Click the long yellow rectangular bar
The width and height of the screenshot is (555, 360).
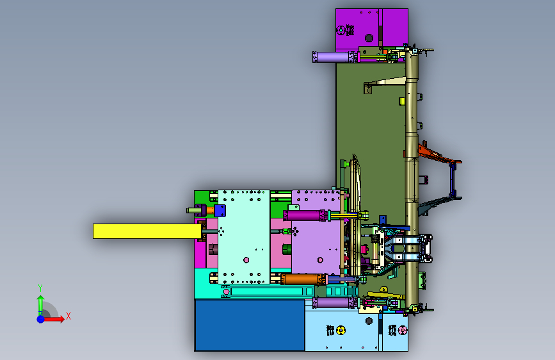tap(147, 231)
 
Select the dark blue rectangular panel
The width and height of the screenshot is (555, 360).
tap(250, 325)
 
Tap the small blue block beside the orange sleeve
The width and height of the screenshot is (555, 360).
tap(220, 211)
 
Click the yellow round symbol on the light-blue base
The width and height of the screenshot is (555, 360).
tap(341, 331)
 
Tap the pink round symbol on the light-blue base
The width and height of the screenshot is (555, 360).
tap(403, 331)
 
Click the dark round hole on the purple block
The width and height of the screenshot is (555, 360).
tap(369, 38)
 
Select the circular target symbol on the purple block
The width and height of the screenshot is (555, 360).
tap(341, 31)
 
